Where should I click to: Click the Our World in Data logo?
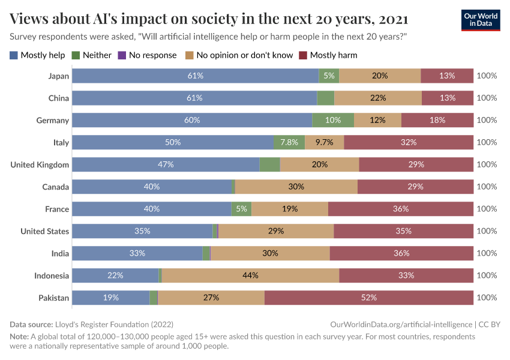[x=481, y=20]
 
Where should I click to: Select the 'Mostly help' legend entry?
[x=37, y=55]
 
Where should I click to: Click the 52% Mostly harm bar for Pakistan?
[x=368, y=298]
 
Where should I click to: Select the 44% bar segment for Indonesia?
[x=250, y=275]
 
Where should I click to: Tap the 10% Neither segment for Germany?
[x=333, y=120]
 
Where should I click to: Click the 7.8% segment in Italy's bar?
[x=289, y=142]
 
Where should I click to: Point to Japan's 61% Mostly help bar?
[x=195, y=76]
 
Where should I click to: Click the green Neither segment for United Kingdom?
[x=270, y=164]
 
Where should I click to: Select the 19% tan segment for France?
[x=290, y=209]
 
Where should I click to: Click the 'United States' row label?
[x=44, y=231]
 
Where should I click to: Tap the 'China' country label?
[x=59, y=98]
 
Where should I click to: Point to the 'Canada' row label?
[x=55, y=187]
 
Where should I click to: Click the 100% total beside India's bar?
[x=487, y=253]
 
